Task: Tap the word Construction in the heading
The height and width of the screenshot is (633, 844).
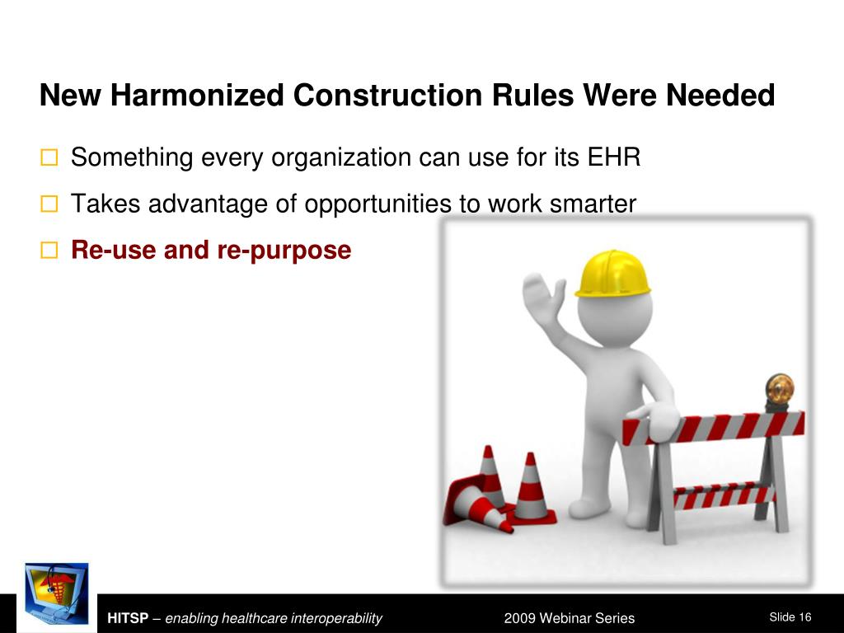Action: pos(388,96)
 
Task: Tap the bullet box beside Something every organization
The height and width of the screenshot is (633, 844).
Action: pos(49,157)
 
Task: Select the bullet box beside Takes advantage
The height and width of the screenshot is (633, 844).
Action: pos(49,204)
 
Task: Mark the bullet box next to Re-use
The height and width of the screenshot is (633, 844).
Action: pos(49,251)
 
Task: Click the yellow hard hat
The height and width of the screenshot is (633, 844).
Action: pos(612,274)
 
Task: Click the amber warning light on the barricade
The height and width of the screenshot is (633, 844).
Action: pos(779,391)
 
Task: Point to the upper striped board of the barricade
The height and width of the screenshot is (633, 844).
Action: pos(714,429)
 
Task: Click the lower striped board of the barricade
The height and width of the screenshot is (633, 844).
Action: pos(724,495)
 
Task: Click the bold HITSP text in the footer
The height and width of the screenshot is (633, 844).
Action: pos(128,618)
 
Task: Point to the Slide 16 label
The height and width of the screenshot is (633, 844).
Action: pos(790,617)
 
